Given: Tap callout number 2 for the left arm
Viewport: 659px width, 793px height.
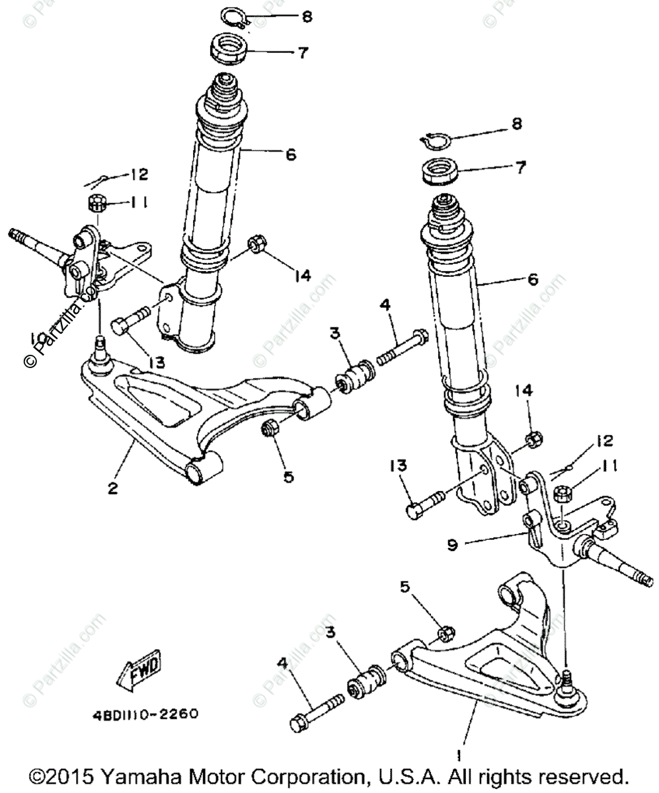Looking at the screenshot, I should point(113,489).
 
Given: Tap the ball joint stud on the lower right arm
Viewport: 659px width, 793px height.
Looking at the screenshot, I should point(567,681).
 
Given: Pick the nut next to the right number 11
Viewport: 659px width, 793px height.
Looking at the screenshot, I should point(563,493).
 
